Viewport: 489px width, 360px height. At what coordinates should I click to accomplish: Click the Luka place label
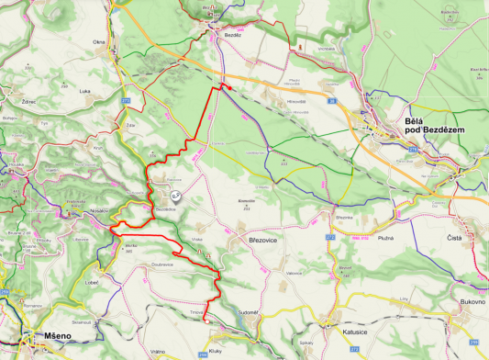[x=86, y=91]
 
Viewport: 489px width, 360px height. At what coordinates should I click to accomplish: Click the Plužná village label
[x=384, y=237]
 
